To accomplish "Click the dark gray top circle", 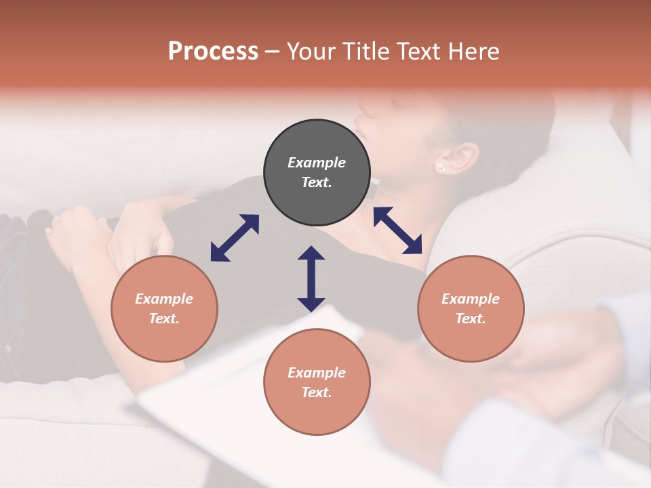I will (317, 172).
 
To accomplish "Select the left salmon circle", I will (164, 308).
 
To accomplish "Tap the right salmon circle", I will (471, 308).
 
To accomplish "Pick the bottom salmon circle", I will (317, 382).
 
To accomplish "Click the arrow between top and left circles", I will (235, 238).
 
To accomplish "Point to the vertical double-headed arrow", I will (311, 279).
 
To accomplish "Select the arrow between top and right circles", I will (398, 230).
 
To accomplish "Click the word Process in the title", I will (213, 51).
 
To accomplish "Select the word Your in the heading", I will (311, 51).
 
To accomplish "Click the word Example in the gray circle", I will (317, 163).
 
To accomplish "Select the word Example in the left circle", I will (164, 299).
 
